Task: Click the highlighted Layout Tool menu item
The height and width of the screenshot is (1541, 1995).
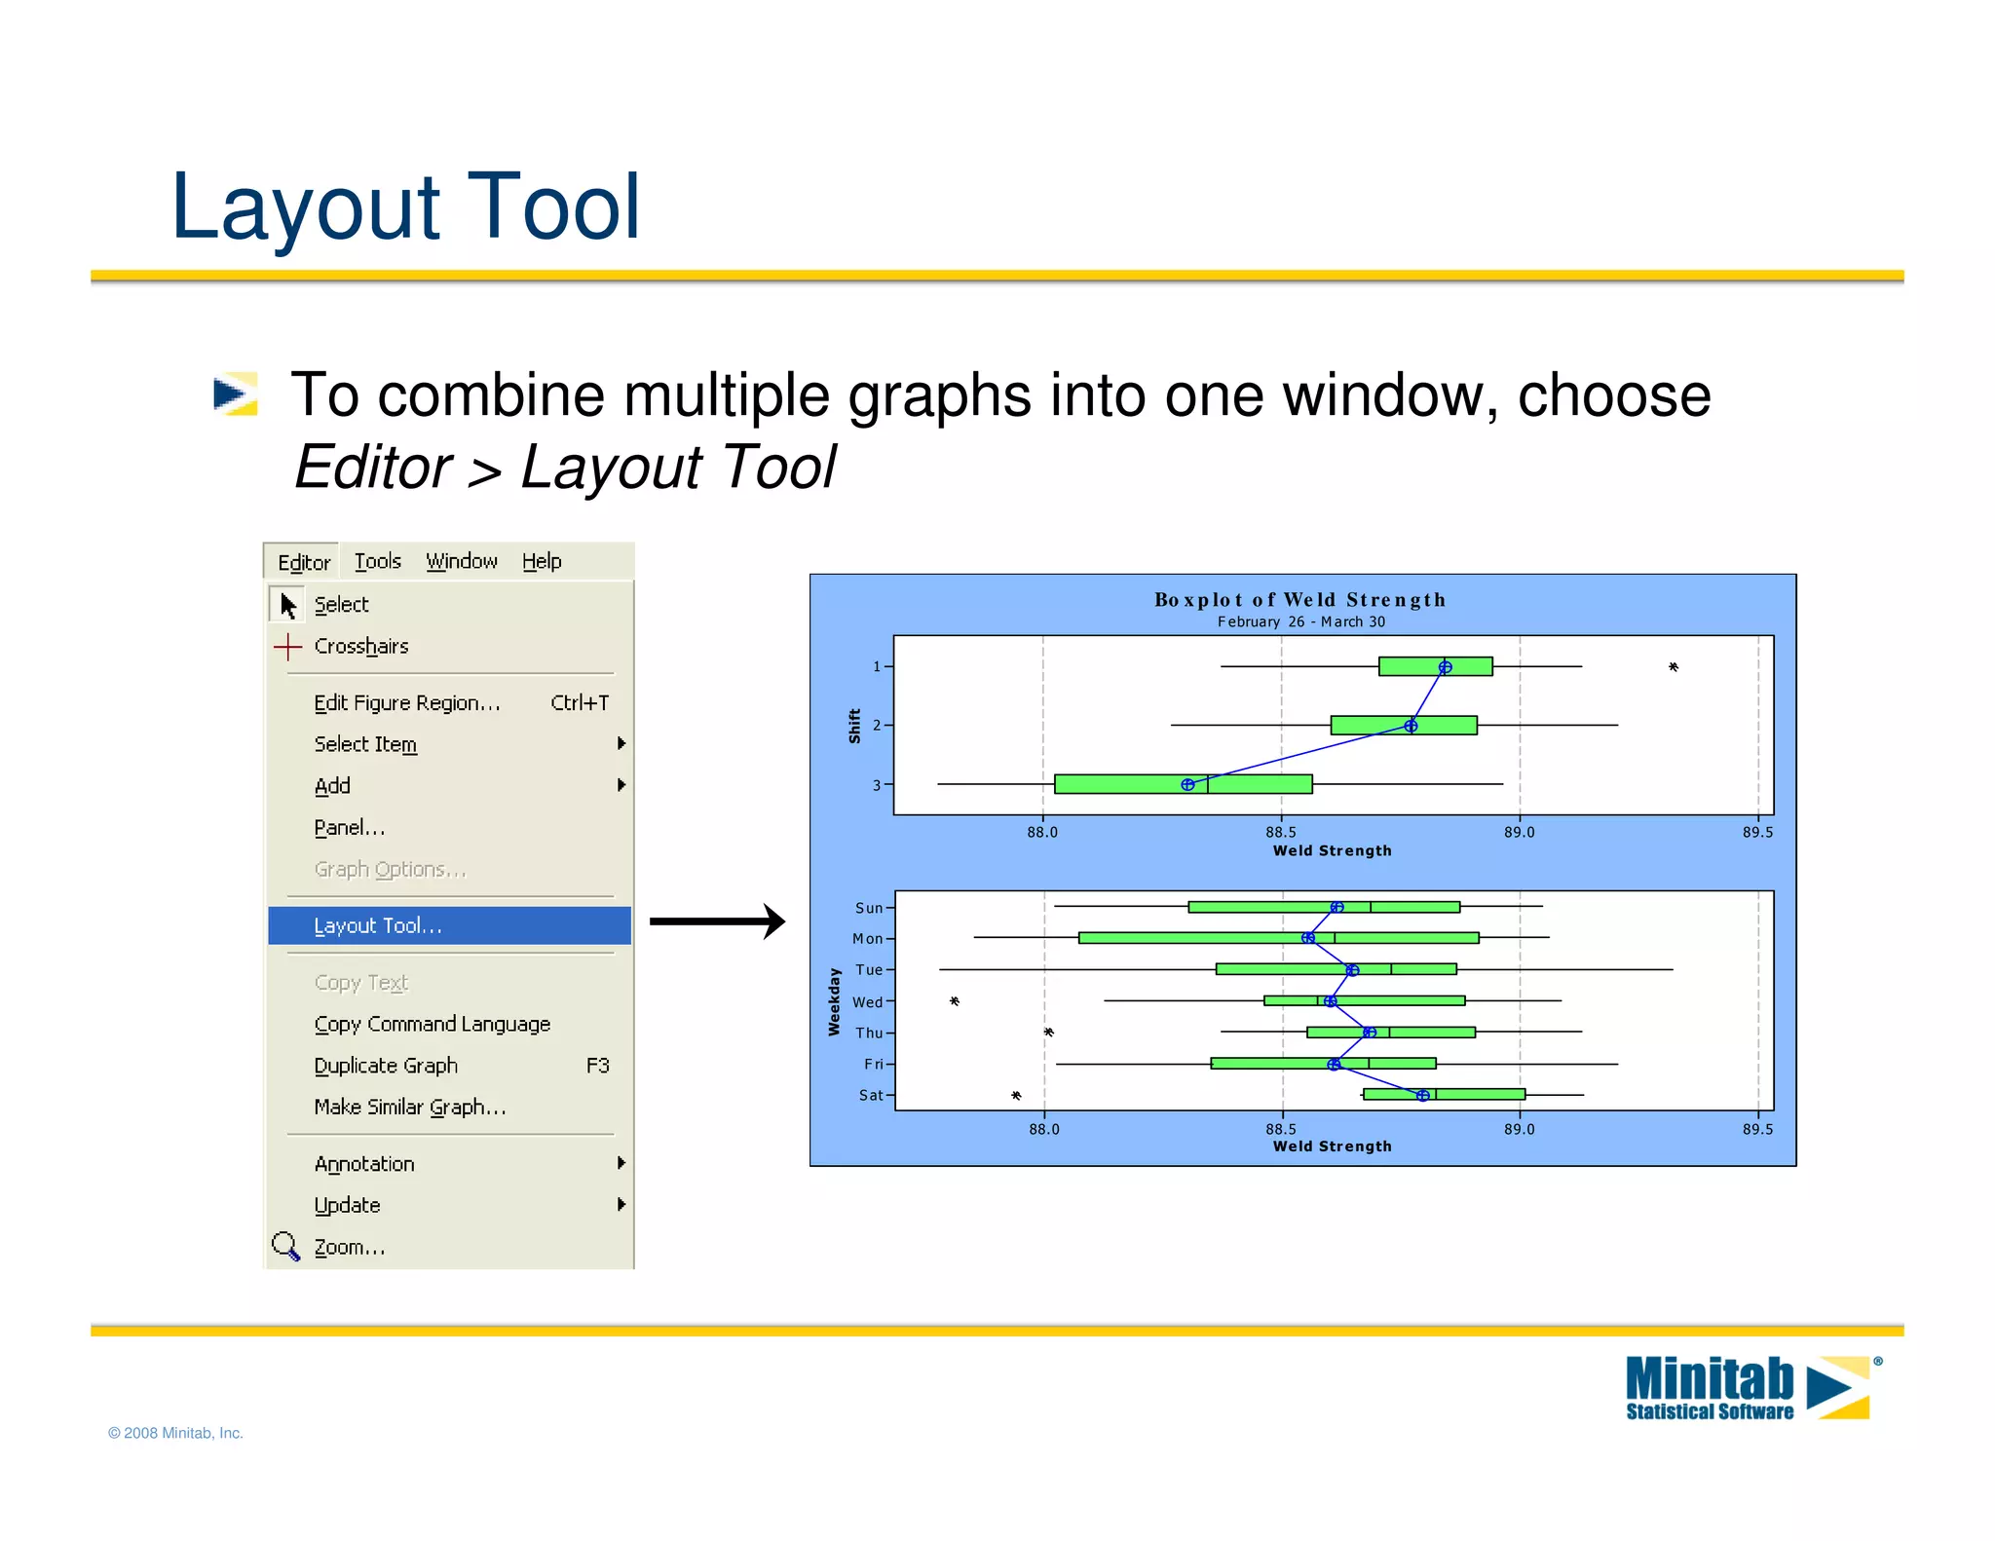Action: (378, 925)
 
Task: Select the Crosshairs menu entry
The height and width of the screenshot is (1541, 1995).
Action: (360, 647)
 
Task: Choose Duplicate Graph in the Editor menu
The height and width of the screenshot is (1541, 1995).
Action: (386, 1066)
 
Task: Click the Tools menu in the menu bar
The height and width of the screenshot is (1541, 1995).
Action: (377, 561)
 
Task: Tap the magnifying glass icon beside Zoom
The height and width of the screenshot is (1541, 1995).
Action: (285, 1246)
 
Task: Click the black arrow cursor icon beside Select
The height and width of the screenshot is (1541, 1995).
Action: (287, 605)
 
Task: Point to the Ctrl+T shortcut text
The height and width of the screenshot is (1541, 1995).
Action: (580, 702)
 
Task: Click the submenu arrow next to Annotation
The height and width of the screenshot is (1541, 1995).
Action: (621, 1163)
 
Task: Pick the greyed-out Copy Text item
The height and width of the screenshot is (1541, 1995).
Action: (360, 983)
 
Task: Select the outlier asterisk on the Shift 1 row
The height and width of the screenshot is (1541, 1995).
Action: (1673, 667)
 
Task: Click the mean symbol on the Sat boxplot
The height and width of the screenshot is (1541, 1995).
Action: (1422, 1096)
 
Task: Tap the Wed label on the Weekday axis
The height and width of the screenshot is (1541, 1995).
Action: (866, 1002)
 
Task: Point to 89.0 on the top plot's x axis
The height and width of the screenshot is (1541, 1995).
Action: (1519, 833)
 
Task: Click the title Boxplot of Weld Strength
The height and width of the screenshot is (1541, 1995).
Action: (1299, 600)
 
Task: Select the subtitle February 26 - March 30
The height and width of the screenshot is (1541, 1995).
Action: (1299, 622)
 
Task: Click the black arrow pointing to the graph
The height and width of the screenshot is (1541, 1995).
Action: (717, 921)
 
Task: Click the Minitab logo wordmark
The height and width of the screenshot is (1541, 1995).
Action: (1709, 1380)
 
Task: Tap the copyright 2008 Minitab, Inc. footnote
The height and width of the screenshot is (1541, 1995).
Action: (175, 1433)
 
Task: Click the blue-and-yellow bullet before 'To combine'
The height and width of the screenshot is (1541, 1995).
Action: (235, 395)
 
